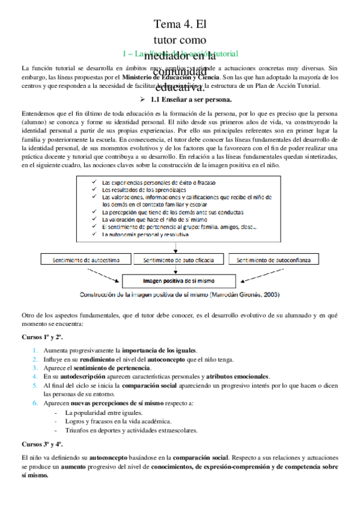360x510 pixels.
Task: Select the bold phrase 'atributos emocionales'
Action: click(235, 376)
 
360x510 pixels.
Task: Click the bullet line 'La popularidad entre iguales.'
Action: click(104, 413)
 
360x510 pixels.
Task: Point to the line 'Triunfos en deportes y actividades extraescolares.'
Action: click(131, 430)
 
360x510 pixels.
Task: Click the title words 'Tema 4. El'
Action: click(180, 25)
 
